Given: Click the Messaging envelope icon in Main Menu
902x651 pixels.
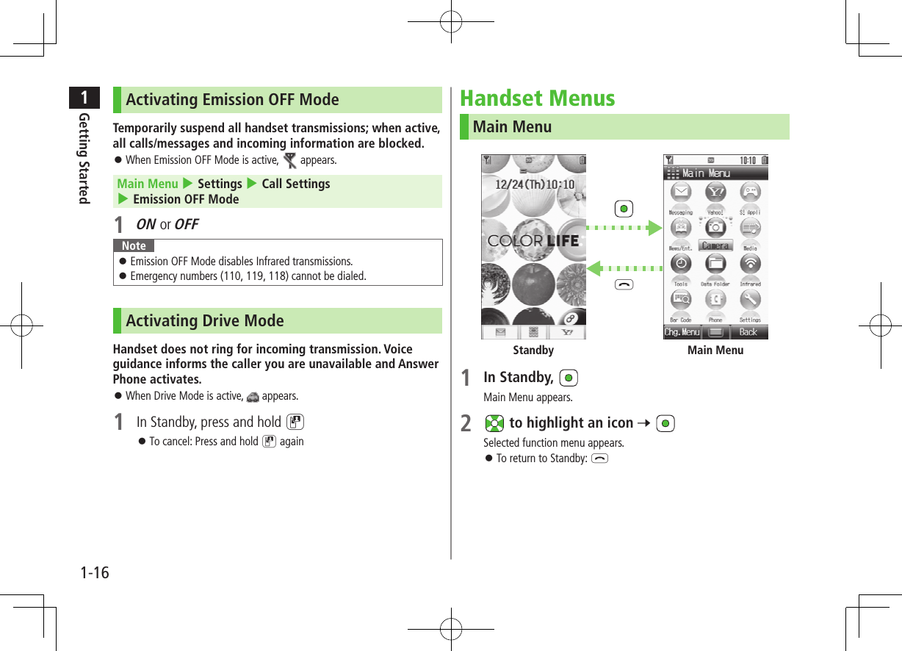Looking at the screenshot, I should (x=681, y=193).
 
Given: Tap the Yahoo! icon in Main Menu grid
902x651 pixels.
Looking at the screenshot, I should (x=715, y=193).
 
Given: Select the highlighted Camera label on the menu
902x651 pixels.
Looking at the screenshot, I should (x=715, y=245).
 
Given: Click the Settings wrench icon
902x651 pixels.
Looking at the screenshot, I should (x=750, y=299).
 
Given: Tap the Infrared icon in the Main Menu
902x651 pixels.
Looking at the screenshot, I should (x=750, y=263).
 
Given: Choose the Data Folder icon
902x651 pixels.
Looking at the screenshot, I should (x=715, y=263).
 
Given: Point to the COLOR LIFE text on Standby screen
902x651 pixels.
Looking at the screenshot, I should (x=533, y=241).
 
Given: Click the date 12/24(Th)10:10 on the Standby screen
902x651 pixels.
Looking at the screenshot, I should (x=534, y=184).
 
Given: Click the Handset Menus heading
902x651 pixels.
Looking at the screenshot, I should (x=537, y=98).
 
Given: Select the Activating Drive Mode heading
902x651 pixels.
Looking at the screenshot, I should (x=204, y=321).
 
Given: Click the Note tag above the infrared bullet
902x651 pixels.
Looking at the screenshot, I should (x=134, y=246).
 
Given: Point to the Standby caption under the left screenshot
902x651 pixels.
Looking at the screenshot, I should (x=533, y=350).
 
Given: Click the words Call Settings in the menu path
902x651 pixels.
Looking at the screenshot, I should (x=296, y=184).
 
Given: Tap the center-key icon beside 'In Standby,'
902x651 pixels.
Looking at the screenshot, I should (x=568, y=378).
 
